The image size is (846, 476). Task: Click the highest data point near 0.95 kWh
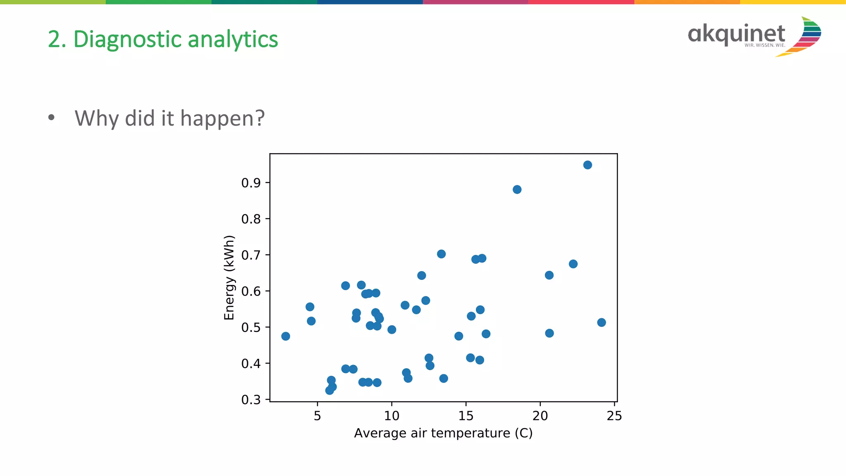(x=587, y=165)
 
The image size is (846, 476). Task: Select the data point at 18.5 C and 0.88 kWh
(x=517, y=189)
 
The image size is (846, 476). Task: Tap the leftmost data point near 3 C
(x=285, y=336)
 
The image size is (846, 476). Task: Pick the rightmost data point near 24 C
(x=601, y=322)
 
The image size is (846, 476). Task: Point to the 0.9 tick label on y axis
(x=251, y=183)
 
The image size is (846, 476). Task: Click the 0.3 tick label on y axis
(x=251, y=400)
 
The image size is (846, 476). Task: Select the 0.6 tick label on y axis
(x=251, y=291)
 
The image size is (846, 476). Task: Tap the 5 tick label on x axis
(x=317, y=416)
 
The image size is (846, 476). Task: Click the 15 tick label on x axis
(x=466, y=416)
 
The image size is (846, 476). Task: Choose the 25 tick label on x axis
(x=614, y=416)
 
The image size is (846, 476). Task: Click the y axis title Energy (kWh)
(x=229, y=277)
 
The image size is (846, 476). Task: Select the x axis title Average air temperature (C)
(x=443, y=433)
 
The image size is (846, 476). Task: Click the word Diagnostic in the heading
(x=128, y=40)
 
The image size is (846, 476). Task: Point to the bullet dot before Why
(x=51, y=118)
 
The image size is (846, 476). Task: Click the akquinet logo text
(x=736, y=34)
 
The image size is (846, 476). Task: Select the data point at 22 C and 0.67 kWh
(x=573, y=264)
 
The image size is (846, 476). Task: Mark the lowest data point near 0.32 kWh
(x=329, y=390)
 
